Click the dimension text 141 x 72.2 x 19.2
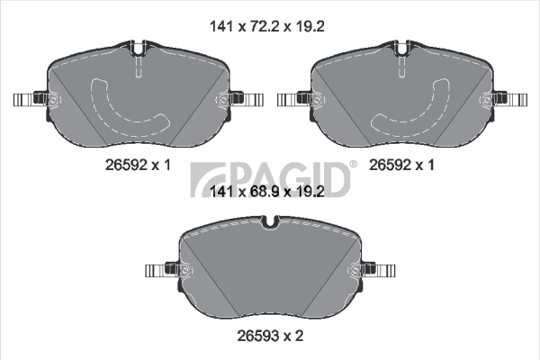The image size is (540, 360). pos(267,26)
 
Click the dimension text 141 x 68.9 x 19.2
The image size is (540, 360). pos(267,192)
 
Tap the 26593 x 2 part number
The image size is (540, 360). pos(270,336)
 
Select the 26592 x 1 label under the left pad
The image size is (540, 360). pos(138,166)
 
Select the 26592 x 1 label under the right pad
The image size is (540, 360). pos(401,166)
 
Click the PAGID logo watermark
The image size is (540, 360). pos(270,179)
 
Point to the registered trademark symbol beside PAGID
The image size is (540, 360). pos(354,165)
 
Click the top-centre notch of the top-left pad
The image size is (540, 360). pos(138,49)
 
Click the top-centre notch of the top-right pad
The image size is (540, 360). pos(402,49)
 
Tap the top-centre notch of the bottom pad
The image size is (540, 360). pos(270,222)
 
